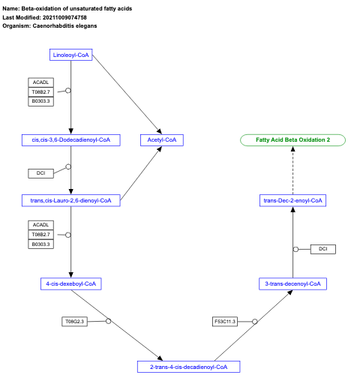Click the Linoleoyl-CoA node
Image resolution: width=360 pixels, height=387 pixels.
pos(70,55)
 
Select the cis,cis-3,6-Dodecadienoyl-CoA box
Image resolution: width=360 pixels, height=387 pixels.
pos(70,139)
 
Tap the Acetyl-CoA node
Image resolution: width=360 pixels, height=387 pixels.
pos(161,139)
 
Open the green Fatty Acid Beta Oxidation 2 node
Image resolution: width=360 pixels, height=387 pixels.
pos(292,139)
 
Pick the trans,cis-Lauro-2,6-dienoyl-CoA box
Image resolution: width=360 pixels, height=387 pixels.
pos(70,200)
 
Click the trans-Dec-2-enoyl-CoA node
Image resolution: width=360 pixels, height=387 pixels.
pos(292,200)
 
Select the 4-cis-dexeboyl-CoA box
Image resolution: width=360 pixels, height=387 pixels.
pos(70,283)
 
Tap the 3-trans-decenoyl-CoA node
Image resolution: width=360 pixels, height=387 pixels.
pos(292,283)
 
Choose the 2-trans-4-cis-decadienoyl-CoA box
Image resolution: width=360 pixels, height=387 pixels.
pos(188,367)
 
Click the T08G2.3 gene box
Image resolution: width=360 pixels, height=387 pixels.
pos(75,322)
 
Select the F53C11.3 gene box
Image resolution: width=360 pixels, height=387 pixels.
pos(225,322)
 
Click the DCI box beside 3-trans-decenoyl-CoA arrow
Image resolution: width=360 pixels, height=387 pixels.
pos(323,249)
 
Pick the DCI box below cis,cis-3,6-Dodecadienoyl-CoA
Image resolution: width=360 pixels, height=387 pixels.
pos(40,173)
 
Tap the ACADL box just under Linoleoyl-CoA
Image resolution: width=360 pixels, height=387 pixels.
pos(40,82)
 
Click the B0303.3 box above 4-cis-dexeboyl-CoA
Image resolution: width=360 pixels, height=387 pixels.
pos(40,244)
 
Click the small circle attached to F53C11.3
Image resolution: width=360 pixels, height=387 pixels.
pos(255,322)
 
